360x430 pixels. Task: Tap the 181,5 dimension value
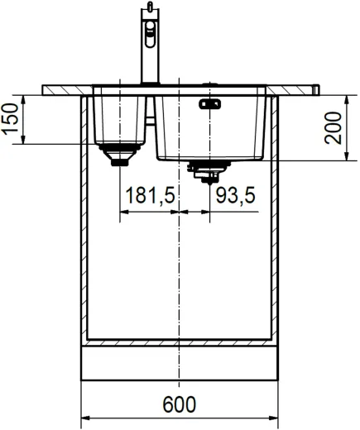[x=149, y=196]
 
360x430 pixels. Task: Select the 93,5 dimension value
[x=235, y=196]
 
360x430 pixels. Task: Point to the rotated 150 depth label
[x=11, y=119]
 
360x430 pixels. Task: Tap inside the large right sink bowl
[x=211, y=128]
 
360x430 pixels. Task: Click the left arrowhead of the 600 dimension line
[x=85, y=418]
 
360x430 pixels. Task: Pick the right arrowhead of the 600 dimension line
[x=273, y=418]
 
